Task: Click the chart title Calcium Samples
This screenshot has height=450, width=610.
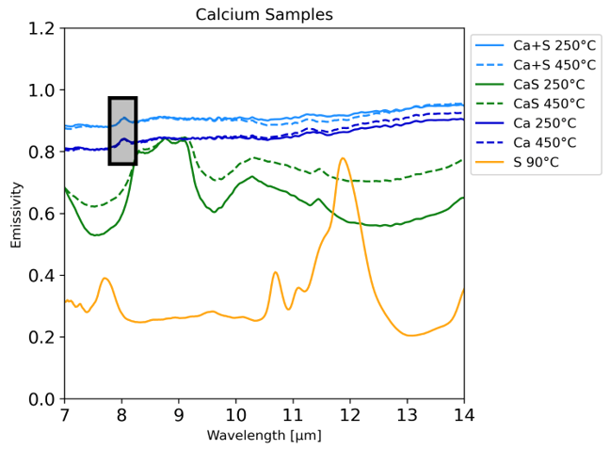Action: (264, 14)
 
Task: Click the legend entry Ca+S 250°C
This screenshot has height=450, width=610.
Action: (554, 45)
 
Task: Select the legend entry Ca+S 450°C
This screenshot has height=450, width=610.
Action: (554, 65)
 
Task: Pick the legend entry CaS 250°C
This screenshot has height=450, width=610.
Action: (549, 85)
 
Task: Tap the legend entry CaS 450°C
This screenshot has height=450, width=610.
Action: (549, 104)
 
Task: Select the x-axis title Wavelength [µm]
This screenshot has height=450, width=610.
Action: (264, 436)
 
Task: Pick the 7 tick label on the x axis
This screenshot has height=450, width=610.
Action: (64, 415)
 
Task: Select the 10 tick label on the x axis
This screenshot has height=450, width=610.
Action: (235, 415)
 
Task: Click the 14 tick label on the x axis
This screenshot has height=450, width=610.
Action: (463, 415)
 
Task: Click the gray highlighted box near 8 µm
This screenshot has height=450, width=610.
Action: (122, 131)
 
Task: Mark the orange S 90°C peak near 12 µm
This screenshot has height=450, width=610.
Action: (343, 158)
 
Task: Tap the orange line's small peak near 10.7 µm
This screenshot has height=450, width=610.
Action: (276, 273)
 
